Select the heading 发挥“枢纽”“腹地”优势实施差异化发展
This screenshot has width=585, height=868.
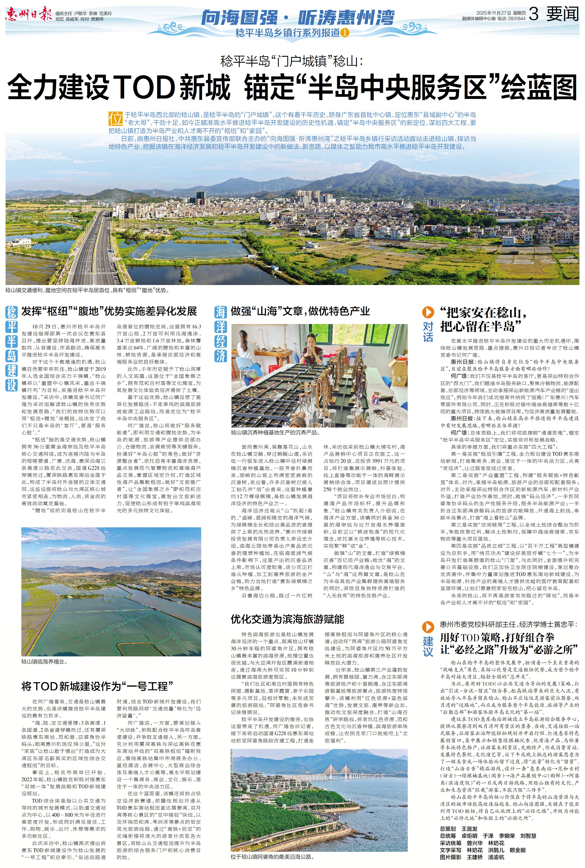pos(109,311)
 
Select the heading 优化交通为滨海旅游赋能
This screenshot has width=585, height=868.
pos(287,619)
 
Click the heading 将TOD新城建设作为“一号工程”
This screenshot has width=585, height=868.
pos(97,686)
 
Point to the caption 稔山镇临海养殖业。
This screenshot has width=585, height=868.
pos(44,662)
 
